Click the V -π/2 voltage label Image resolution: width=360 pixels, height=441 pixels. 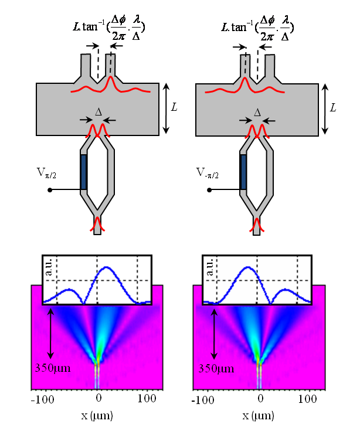(207, 174)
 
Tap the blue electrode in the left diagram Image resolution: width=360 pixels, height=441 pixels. (83, 172)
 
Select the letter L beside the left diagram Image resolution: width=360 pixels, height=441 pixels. (175, 108)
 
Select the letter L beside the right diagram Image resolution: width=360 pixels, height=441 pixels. (333, 108)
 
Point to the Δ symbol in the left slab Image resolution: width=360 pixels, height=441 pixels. (98, 111)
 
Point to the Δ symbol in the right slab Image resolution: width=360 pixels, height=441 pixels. (257, 111)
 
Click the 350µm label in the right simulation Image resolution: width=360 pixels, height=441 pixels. (215, 369)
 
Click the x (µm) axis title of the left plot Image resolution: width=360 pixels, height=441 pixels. (97, 416)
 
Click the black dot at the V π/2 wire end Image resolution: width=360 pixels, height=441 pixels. (50, 190)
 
